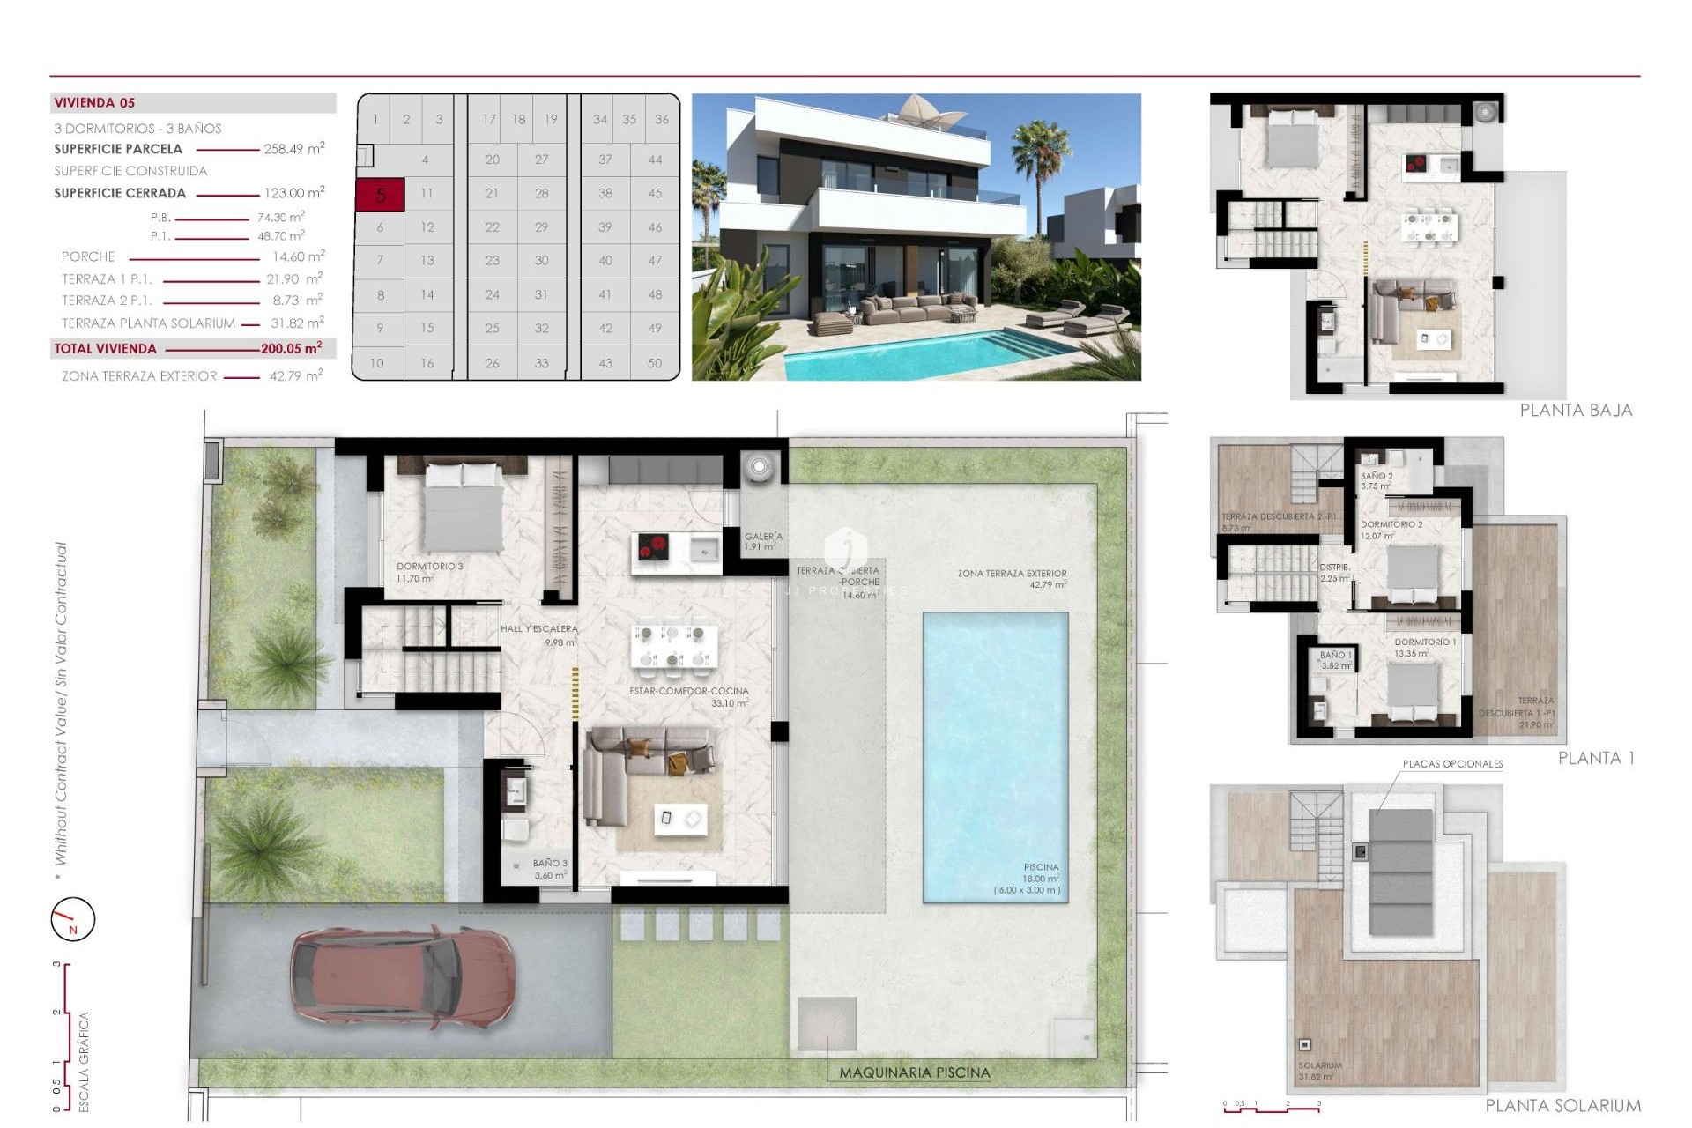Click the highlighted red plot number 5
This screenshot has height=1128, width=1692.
point(380,195)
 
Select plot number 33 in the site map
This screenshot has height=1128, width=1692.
point(541,362)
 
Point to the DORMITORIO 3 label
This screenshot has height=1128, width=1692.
point(429,567)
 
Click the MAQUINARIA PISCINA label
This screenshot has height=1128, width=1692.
point(914,1072)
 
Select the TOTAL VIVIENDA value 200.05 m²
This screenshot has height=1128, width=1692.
point(291,348)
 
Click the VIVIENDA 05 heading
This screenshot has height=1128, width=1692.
point(94,103)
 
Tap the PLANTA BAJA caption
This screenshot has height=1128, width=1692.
point(1576,410)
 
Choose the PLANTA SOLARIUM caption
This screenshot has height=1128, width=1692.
point(1562,1105)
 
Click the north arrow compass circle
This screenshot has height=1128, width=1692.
point(72,919)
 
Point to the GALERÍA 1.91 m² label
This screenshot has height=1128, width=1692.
point(763,541)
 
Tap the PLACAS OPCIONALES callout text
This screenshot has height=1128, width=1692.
point(1452,764)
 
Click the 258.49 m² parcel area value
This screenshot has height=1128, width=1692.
point(293,149)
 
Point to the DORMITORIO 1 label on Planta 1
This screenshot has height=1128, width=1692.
point(1425,642)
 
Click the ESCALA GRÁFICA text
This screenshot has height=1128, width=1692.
point(85,1061)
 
